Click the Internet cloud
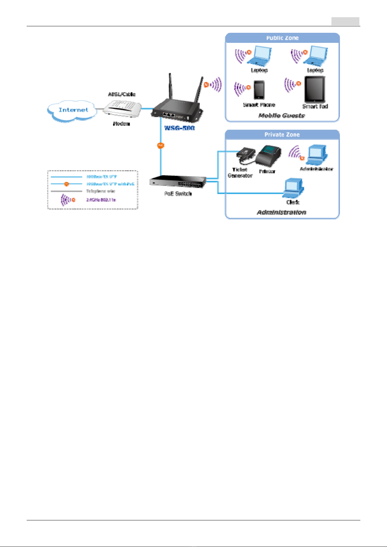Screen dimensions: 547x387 [73, 110]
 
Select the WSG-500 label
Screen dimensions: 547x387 [179, 128]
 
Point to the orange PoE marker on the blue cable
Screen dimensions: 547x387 [161, 145]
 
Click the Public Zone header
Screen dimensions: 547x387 [282, 38]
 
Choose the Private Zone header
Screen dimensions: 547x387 [282, 135]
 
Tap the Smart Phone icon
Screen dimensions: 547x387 [259, 90]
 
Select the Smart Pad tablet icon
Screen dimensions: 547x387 [315, 90]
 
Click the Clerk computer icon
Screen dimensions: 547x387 [293, 188]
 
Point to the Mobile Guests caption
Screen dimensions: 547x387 [281, 116]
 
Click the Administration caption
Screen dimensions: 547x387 [281, 212]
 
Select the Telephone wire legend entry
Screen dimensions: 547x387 [100, 191]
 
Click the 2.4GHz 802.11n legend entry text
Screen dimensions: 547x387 [101, 200]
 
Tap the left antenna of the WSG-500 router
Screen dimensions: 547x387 [170, 88]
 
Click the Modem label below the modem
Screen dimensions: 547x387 [121, 124]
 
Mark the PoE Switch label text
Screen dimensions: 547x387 [178, 194]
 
